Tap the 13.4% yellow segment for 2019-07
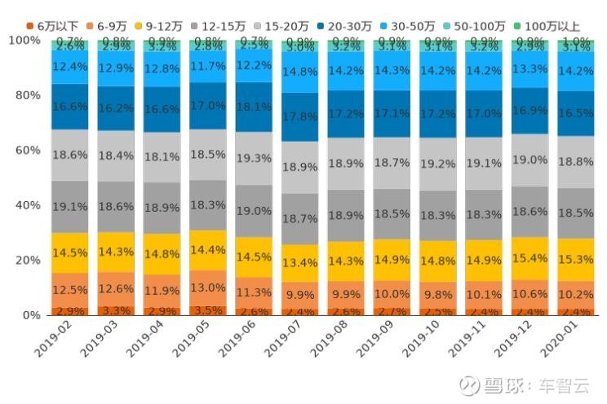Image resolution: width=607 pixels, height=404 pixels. point(300,262)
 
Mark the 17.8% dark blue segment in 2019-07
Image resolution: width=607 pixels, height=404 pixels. point(300,116)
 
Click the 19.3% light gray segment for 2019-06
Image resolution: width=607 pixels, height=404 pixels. point(255,159)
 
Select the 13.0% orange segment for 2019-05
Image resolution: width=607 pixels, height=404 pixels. point(209,288)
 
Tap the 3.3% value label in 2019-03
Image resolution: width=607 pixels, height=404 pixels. point(117,310)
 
